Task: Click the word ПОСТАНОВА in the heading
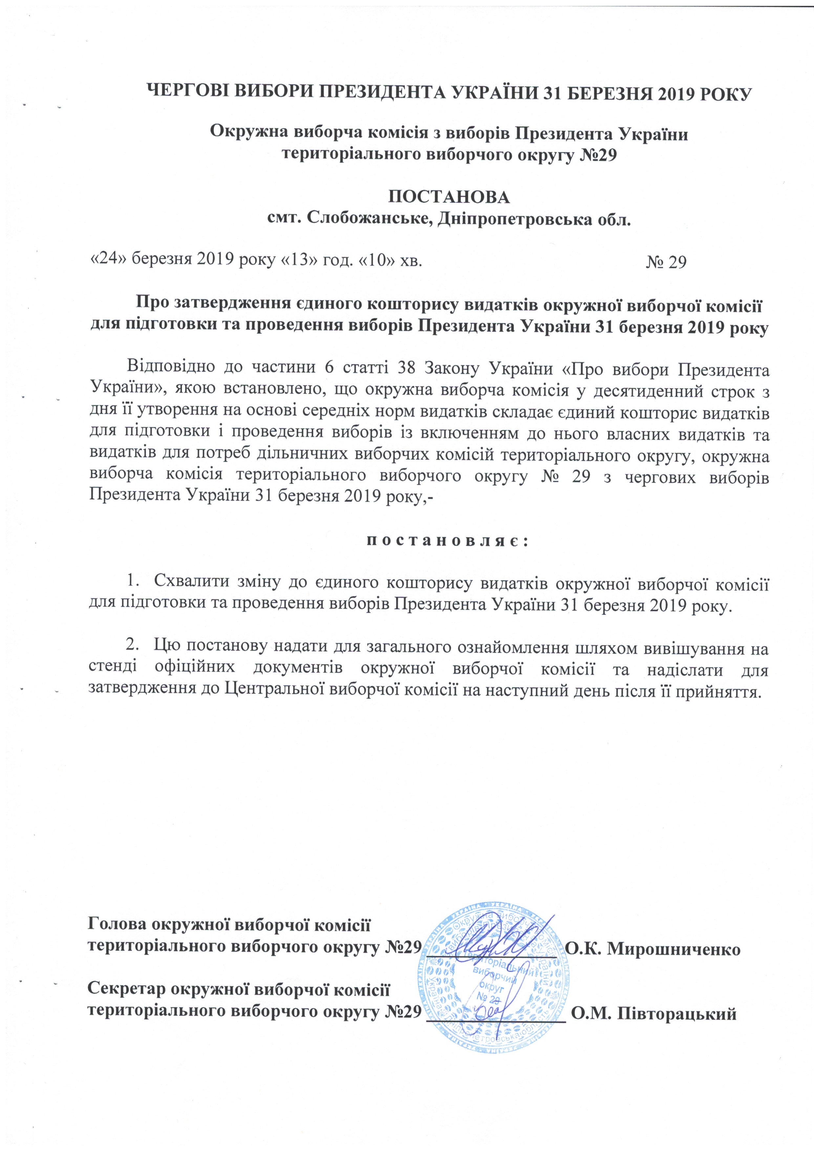[449, 197]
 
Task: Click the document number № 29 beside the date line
[666, 262]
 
